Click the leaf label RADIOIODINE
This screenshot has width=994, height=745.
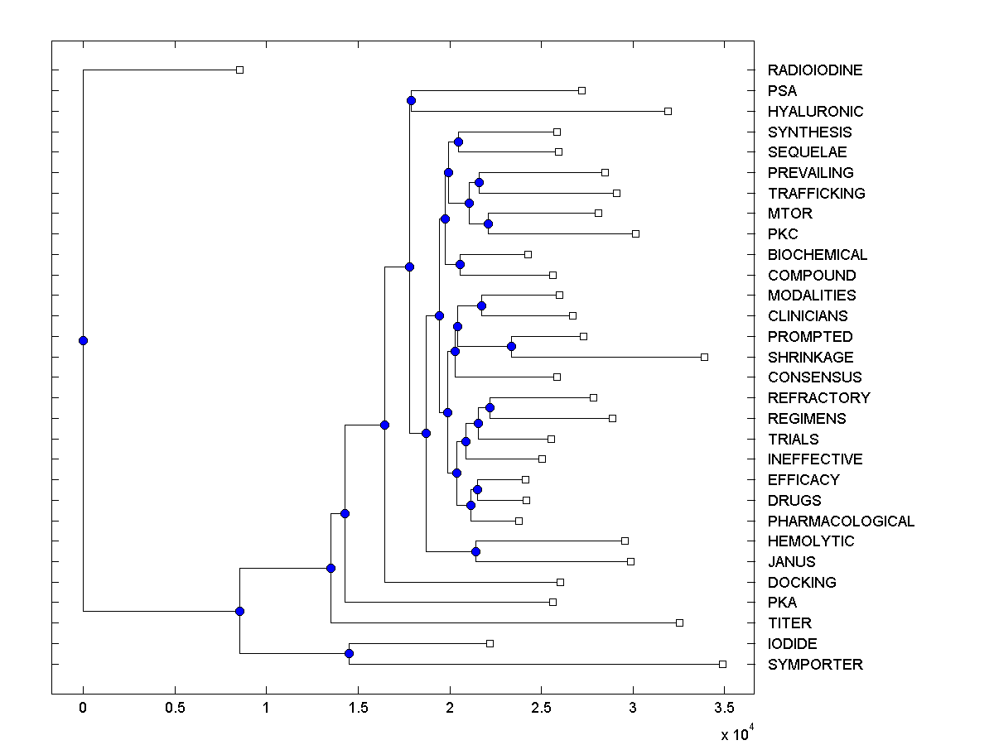[814, 70]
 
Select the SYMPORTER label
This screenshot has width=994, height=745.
[814, 665]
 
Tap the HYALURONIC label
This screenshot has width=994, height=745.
[815, 112]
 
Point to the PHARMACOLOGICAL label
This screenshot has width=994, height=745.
[841, 521]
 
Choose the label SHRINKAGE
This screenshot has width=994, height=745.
[810, 358]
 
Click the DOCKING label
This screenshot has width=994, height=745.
[802, 583]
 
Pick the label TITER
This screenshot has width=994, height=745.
[789, 623]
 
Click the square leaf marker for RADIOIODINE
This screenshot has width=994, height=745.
[239, 70]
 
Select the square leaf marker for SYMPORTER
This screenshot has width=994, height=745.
[722, 664]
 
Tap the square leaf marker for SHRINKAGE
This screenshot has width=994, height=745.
[704, 357]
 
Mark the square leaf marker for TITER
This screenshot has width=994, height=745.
[679, 622]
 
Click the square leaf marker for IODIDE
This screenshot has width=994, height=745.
[490, 643]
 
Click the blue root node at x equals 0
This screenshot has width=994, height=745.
[83, 340]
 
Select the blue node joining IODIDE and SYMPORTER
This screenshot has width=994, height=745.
[349, 654]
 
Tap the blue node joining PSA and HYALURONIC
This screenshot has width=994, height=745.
[411, 100]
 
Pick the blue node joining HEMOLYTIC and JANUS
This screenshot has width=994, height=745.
[475, 551]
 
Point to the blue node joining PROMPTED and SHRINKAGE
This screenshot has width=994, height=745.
[512, 346]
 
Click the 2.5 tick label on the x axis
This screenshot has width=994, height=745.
[541, 708]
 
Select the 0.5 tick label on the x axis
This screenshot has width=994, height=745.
[174, 708]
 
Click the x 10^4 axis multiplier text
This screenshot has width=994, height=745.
[736, 733]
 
